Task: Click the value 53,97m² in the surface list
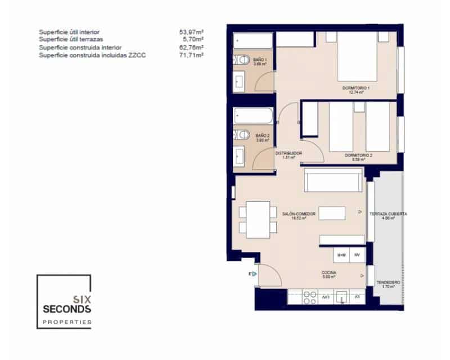pos(191,32)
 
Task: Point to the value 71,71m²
pos(191,56)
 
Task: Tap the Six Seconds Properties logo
pos(64,301)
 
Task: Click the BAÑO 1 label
pos(260,61)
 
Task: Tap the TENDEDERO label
pos(388,283)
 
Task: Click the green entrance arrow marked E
pos(253,274)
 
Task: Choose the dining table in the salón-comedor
pos(258,218)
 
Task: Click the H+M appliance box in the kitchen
pos(341,255)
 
